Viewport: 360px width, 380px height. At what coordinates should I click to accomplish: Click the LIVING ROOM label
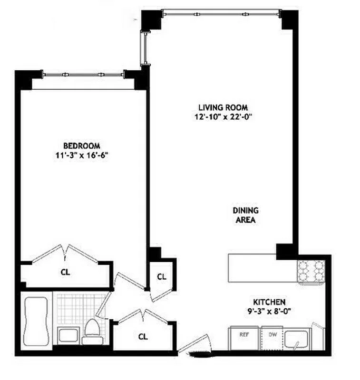point(223,107)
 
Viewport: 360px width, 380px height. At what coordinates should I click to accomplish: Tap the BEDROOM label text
point(82,145)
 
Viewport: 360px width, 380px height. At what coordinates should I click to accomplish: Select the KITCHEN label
point(269,302)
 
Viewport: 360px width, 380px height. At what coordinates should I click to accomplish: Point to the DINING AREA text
point(245,215)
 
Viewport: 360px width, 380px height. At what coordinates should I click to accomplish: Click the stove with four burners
point(310,272)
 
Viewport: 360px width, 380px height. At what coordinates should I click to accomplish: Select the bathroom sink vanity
point(67,334)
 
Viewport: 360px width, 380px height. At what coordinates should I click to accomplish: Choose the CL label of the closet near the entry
point(143,336)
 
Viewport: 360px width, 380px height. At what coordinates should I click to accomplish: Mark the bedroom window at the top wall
point(84,74)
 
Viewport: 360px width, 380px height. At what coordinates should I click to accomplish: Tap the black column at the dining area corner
point(285,250)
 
